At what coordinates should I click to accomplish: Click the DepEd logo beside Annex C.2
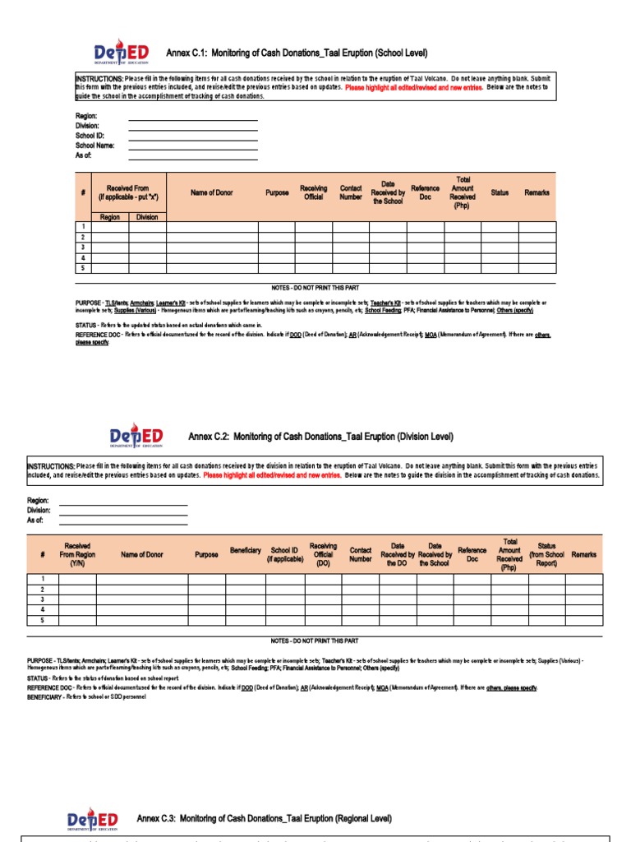point(136,436)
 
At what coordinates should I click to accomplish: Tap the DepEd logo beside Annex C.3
point(92,819)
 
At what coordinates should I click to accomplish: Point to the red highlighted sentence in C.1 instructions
point(414,86)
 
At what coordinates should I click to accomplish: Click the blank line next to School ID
point(192,136)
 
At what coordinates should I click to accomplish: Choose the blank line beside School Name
point(192,146)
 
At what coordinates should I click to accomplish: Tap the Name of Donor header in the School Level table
point(212,193)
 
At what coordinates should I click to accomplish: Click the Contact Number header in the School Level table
point(351,193)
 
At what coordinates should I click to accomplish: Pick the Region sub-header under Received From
point(110,217)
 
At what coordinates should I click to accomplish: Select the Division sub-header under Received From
point(147,217)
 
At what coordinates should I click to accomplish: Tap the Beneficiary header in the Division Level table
point(245,550)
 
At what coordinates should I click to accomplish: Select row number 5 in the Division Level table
point(42,621)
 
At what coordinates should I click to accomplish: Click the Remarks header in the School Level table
point(537,193)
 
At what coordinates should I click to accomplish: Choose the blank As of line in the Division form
point(123,520)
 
